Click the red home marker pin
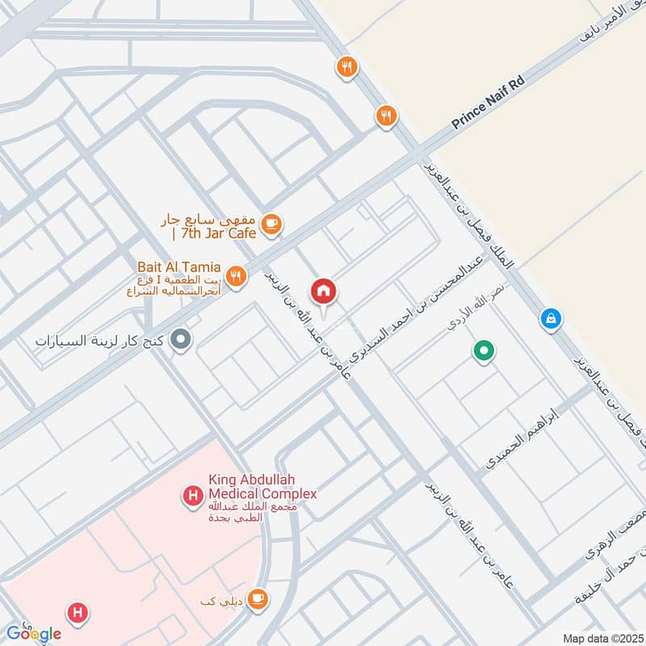[x=323, y=292]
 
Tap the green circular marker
[x=484, y=351]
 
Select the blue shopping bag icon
[x=551, y=320]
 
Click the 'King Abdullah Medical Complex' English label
[x=262, y=487]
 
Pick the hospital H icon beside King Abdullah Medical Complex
[x=193, y=495]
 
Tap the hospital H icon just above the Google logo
[x=78, y=614]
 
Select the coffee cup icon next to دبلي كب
[x=258, y=598]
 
